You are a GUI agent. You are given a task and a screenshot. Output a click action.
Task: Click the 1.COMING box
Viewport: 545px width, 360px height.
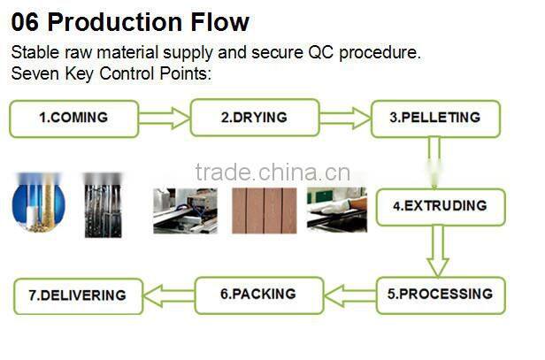coord(74,119)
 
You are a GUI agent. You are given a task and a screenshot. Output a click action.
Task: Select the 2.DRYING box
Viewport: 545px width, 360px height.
coord(254,119)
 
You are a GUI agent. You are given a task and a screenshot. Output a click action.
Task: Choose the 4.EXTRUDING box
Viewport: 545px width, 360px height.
coord(439,206)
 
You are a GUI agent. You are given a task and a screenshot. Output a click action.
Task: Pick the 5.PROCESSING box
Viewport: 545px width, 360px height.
coord(440,295)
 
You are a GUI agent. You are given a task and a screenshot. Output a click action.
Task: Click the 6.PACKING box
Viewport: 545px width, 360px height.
coord(258,295)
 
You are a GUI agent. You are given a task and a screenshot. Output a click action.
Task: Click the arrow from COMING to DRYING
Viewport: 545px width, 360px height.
coord(165,119)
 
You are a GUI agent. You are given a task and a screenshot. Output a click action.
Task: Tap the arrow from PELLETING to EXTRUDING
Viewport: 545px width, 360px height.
coord(434,162)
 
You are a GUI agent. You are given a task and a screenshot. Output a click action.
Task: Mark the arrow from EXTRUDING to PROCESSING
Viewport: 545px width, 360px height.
coord(437,252)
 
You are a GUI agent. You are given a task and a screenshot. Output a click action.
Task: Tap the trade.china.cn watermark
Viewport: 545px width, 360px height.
coord(272,172)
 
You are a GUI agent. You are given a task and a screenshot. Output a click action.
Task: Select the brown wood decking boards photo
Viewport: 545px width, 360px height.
coord(264,210)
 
